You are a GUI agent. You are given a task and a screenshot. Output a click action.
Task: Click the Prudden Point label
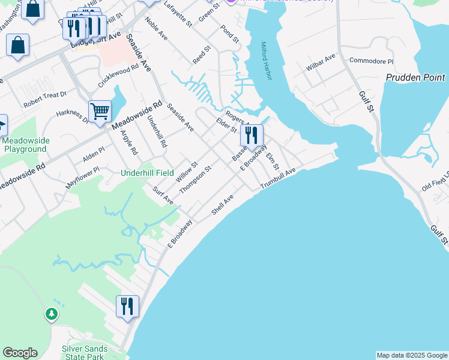pyautogui.click(x=415, y=78)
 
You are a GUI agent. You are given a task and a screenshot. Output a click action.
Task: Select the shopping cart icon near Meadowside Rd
pyautogui.click(x=100, y=111)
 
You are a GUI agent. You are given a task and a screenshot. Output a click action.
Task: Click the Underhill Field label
pyautogui.click(x=148, y=173)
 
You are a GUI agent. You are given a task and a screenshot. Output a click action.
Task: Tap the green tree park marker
pyautogui.click(x=52, y=314)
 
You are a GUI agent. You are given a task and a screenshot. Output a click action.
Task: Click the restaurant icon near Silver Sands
pyautogui.click(x=127, y=307)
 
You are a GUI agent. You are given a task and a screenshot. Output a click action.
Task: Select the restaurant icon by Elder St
pyautogui.click(x=252, y=135)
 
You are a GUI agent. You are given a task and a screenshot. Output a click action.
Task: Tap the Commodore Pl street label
pyautogui.click(x=371, y=61)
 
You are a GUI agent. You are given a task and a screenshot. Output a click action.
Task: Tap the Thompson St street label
pyautogui.click(x=196, y=181)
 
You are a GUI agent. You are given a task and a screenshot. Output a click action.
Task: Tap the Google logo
pyautogui.click(x=20, y=353)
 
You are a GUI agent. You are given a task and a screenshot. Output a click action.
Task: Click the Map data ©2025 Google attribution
pyautogui.click(x=412, y=355)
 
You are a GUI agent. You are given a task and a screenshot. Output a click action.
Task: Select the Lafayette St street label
pyautogui.click(x=178, y=14)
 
